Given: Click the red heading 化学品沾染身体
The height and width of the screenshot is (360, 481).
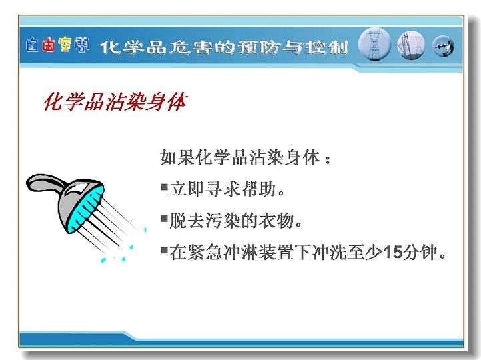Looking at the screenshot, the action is pos(115,101).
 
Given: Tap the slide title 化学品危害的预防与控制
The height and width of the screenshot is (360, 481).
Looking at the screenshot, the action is pos(224,47).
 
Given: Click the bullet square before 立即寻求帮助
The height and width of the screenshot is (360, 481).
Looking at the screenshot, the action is pos(165,187).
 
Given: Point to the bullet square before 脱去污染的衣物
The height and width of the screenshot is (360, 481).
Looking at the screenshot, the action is pos(165,219).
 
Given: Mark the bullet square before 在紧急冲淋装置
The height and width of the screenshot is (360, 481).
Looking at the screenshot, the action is pos(165,251).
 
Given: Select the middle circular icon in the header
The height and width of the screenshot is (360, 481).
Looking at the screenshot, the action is pos(411,45).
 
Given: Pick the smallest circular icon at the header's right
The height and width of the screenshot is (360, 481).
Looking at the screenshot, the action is pos(443,47).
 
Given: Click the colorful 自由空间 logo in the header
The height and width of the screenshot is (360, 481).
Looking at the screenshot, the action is pos(57,45).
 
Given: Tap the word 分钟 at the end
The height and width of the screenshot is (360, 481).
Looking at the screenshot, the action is pos(420,252).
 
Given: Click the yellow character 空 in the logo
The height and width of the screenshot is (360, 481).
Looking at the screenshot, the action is pos(65,45).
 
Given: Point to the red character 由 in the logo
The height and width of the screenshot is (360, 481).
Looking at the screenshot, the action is pos(49,45).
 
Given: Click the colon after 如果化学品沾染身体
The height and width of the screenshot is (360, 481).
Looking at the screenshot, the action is pos(328,159).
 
